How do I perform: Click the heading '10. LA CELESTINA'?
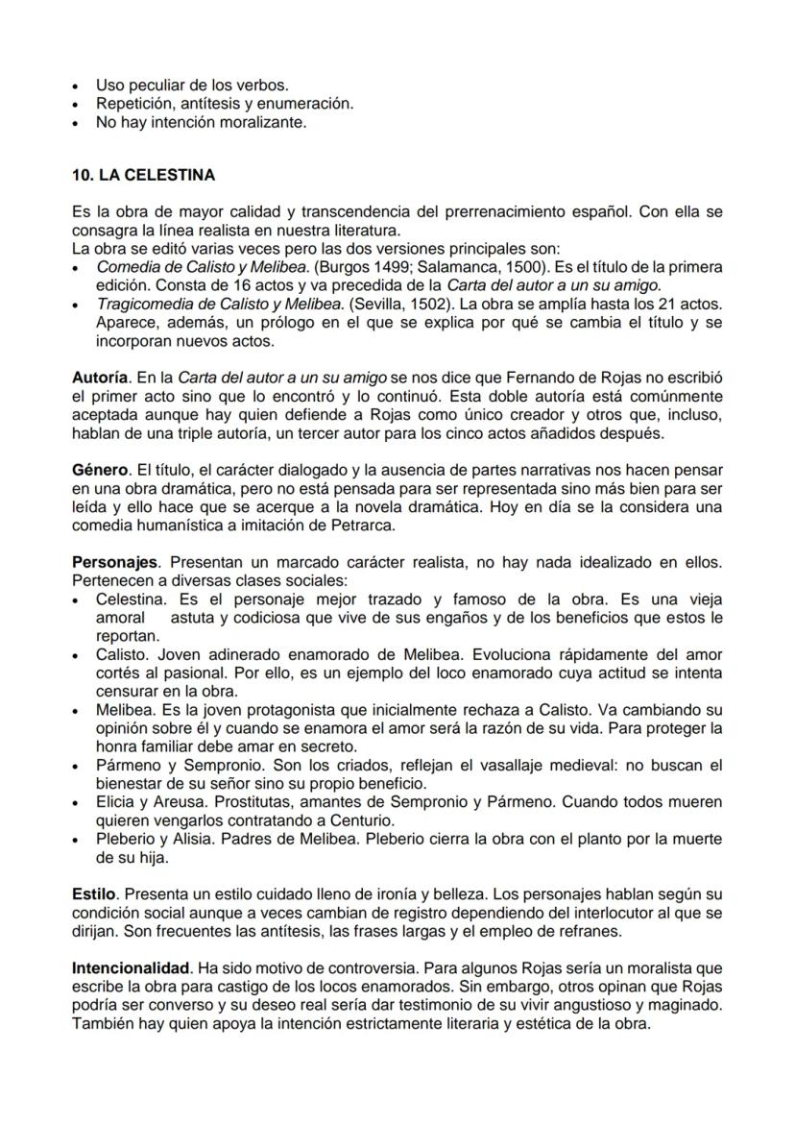(143, 176)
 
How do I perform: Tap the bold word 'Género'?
(100, 470)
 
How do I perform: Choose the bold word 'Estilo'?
(93, 893)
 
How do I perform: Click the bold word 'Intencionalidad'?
(130, 967)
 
